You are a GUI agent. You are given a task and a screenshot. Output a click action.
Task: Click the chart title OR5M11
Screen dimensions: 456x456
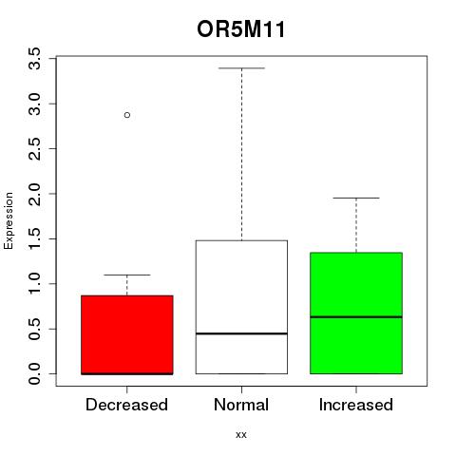(241, 29)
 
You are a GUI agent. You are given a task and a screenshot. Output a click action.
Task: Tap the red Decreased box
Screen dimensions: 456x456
(127, 334)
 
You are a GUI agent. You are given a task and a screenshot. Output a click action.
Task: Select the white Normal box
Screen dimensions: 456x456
(241, 307)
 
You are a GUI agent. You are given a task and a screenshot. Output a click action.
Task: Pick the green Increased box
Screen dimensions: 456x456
(356, 313)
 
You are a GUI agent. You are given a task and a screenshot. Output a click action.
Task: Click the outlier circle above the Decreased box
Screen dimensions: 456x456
(127, 115)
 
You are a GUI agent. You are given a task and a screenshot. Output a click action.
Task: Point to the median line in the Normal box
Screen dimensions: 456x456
(241, 333)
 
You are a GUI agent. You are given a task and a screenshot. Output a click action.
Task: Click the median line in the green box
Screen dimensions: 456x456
(356, 316)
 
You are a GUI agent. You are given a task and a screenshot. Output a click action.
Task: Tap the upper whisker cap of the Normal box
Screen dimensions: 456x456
(241, 68)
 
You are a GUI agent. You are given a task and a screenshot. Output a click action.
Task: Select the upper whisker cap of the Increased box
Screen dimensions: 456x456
(356, 198)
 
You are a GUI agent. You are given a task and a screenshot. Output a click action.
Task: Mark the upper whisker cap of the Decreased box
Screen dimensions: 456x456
(127, 275)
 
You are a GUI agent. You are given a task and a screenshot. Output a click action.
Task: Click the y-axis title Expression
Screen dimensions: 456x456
(9, 220)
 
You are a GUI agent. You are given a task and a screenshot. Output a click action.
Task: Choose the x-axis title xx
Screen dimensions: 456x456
(241, 435)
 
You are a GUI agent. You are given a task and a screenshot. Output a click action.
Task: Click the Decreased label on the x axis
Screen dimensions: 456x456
(126, 405)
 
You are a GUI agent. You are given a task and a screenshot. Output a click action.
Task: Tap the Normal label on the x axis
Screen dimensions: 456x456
(241, 405)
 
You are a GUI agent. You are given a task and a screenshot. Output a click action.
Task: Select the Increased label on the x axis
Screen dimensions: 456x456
(356, 405)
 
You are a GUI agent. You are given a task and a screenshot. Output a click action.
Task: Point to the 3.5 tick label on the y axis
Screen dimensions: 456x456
(34, 59)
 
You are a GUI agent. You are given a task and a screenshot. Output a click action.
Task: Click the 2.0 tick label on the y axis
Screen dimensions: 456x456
(34, 194)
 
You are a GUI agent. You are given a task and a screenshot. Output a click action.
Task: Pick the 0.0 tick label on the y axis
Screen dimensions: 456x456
(34, 374)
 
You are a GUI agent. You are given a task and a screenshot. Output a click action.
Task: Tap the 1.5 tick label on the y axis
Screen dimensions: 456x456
(34, 238)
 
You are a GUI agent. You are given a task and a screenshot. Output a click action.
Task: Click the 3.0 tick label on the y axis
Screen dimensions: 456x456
(34, 104)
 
